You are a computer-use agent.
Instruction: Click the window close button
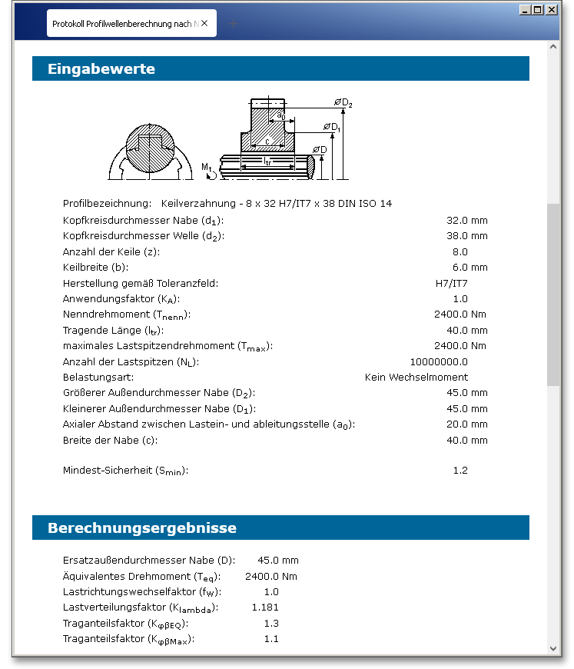pos(551,10)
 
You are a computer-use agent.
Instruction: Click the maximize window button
pos(538,10)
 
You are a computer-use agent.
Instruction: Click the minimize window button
pos(525,10)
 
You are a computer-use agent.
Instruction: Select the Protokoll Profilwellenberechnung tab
pos(131,24)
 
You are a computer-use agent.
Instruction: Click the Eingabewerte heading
pos(101,69)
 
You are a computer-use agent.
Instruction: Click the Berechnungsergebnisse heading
pos(142,528)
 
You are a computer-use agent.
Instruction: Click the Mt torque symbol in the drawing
pos(207,168)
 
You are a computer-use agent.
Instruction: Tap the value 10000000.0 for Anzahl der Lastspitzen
pos(439,361)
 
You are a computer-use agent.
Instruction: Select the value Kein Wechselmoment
pos(416,378)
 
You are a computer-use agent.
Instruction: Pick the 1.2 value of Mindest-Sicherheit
pos(460,471)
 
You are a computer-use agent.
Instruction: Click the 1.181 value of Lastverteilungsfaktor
pos(265,607)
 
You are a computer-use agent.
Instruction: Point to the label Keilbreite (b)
pos(95,268)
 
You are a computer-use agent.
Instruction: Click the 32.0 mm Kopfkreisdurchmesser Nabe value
pos(466,221)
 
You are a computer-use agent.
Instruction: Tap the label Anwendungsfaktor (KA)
pos(121,299)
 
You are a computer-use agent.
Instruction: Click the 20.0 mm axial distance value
pos(466,424)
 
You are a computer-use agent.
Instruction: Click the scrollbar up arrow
pos(554,46)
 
